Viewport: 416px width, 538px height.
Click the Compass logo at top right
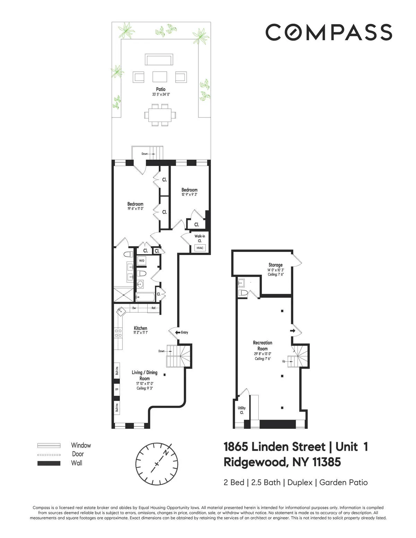coord(329,32)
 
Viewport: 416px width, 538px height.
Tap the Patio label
coord(161,89)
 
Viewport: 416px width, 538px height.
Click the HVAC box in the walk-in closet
coord(200,248)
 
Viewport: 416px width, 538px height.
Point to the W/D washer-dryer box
coord(141,261)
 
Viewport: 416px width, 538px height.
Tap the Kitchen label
coord(140,328)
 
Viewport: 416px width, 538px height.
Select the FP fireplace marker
coord(116,389)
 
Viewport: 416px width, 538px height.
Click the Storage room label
coord(276,265)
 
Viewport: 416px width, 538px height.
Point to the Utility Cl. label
coord(241,410)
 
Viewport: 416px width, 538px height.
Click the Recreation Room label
coord(262,345)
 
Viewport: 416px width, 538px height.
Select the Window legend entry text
coord(81,446)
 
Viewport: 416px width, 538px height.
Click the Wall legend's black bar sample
coord(49,463)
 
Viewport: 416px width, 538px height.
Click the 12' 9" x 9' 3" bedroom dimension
coord(189,195)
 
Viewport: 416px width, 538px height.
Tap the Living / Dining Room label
coord(145,375)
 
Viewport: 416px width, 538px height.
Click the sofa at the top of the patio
coord(159,60)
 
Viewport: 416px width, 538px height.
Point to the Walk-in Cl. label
coord(200,238)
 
